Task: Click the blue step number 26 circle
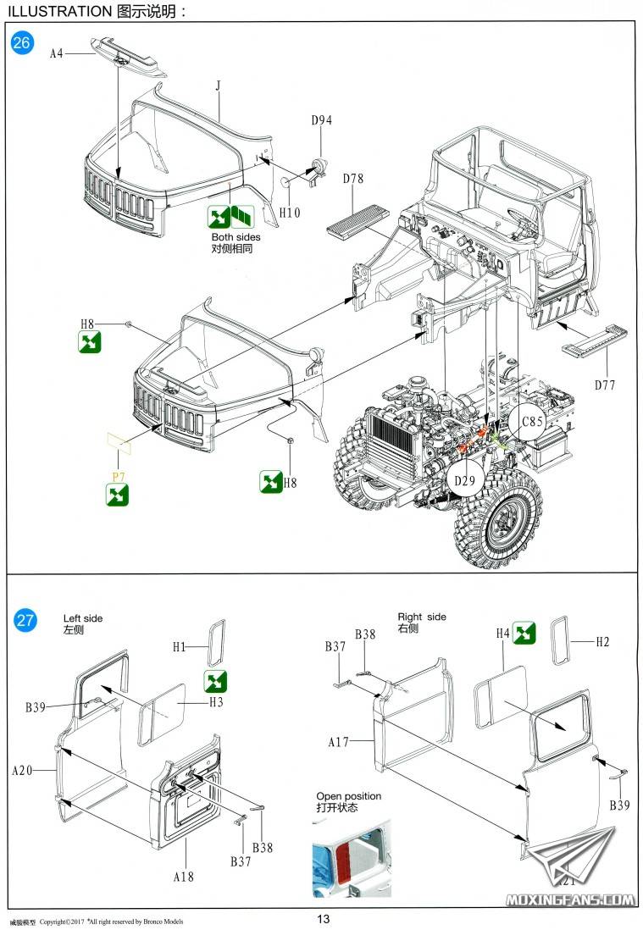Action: tap(23, 42)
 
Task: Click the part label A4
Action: tap(57, 53)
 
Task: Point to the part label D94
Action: tap(321, 120)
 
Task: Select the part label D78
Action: tap(352, 179)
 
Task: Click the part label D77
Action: tap(605, 385)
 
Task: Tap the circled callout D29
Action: tap(463, 482)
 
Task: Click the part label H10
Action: tap(290, 213)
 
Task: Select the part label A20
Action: tap(21, 771)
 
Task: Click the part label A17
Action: tap(339, 742)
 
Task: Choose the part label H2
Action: tap(602, 642)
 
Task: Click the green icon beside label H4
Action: tap(524, 633)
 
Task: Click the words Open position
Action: tap(348, 796)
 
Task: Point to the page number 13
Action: tap(323, 920)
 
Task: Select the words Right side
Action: tap(422, 617)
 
